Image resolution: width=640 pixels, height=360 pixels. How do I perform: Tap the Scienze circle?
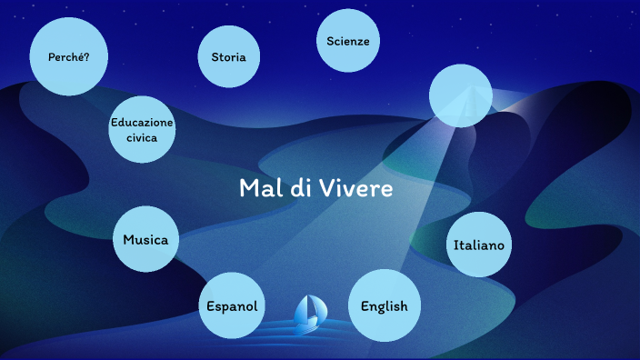[347, 41]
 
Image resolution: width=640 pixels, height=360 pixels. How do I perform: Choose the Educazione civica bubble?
[142, 129]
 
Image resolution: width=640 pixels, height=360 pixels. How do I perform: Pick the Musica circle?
[146, 240]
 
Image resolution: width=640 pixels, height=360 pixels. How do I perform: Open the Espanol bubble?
[232, 305]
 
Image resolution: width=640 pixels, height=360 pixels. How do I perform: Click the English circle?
[384, 305]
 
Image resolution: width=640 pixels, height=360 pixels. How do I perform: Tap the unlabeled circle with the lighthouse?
[460, 95]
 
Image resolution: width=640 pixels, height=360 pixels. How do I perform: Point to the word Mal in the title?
[257, 189]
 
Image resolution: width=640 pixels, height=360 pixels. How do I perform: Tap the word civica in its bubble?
[142, 137]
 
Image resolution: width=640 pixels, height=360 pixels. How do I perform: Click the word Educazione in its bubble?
[142, 122]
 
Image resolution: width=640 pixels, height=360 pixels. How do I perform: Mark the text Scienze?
[347, 41]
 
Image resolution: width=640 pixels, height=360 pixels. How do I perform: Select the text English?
[384, 306]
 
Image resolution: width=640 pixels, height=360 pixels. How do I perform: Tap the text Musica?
[146, 241]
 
